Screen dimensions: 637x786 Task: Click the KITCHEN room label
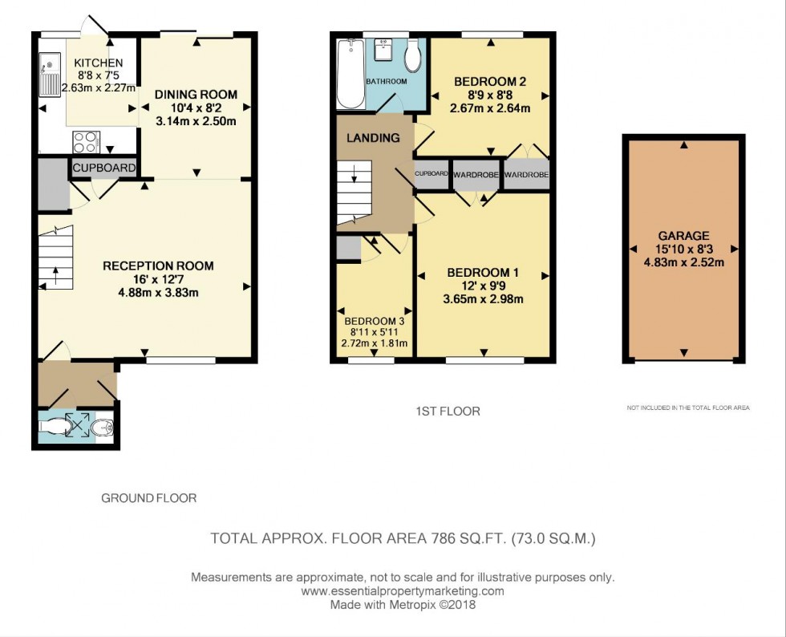(99, 63)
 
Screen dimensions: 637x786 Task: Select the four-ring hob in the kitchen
(86, 141)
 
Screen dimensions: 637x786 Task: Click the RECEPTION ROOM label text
(158, 266)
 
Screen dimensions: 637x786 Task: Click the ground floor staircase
(55, 257)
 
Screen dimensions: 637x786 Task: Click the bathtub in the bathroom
(350, 74)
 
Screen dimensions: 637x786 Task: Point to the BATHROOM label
(386, 82)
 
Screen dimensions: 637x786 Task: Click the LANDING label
(373, 137)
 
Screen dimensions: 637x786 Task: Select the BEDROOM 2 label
(489, 82)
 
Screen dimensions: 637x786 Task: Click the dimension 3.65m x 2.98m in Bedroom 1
(484, 300)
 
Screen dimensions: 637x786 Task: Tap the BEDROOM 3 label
(373, 318)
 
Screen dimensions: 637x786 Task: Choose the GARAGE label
(683, 236)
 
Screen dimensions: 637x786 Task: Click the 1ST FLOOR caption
(448, 412)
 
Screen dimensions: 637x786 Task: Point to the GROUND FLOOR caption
(148, 498)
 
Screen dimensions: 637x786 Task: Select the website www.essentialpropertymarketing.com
(402, 591)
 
